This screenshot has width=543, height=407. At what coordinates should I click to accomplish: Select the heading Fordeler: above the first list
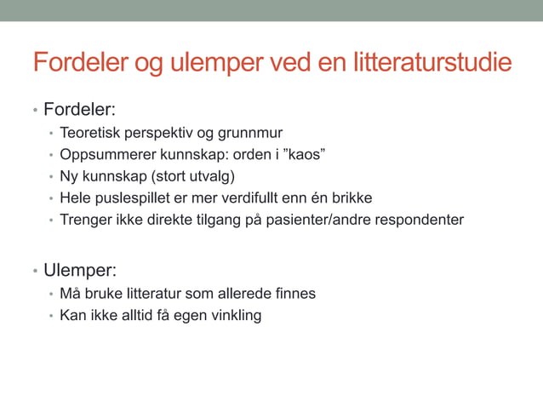click(x=80, y=111)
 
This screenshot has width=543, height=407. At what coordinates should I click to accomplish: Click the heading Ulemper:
click(x=80, y=271)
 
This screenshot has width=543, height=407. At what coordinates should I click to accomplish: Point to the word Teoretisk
click(x=91, y=133)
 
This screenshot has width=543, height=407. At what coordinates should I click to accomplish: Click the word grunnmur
click(x=251, y=133)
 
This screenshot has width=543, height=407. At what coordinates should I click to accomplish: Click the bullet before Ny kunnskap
click(x=52, y=178)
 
